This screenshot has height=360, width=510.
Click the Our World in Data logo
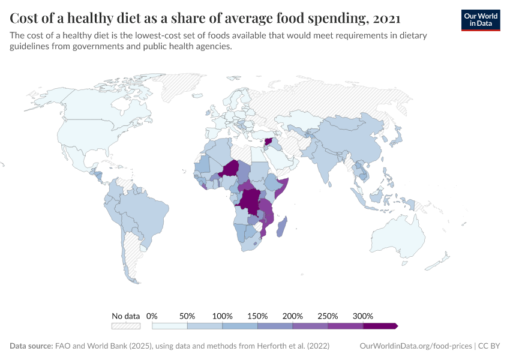(480, 20)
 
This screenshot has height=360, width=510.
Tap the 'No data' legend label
(125, 316)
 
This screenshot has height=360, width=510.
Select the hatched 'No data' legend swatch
(125, 326)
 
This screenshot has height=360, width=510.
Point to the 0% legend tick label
(152, 316)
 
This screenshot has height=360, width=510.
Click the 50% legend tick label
(187, 316)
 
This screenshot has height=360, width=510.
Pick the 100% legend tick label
(222, 316)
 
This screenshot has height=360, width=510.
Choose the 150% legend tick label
(257, 316)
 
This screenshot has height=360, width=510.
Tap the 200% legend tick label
(292, 316)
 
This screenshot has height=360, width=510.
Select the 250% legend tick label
(328, 316)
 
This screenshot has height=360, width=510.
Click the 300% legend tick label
(362, 316)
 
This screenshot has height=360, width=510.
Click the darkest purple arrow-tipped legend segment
(380, 326)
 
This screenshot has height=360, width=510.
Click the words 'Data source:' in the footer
(31, 346)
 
